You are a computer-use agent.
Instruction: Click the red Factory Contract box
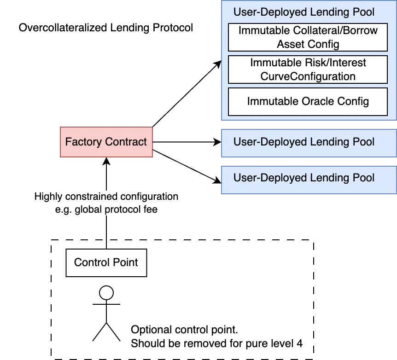(x=106, y=142)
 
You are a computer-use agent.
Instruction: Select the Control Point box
(x=106, y=263)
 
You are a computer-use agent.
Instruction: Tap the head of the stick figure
(x=106, y=292)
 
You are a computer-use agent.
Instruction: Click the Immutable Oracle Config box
(x=308, y=102)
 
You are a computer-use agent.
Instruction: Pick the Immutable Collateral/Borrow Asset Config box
(x=308, y=37)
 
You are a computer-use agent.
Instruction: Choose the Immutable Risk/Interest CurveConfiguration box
(x=308, y=70)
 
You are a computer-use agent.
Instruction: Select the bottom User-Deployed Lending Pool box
(x=309, y=179)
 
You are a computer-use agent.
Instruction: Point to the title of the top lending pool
(x=304, y=12)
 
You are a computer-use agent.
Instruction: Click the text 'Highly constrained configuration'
(x=106, y=197)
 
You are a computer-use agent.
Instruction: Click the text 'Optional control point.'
(x=184, y=330)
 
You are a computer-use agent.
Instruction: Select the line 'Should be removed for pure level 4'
(x=216, y=344)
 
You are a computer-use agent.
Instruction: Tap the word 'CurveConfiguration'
(x=308, y=76)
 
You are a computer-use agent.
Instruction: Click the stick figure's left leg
(x=99, y=331)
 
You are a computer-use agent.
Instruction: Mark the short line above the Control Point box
(x=106, y=244)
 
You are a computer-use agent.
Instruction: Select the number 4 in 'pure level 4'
(x=299, y=344)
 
